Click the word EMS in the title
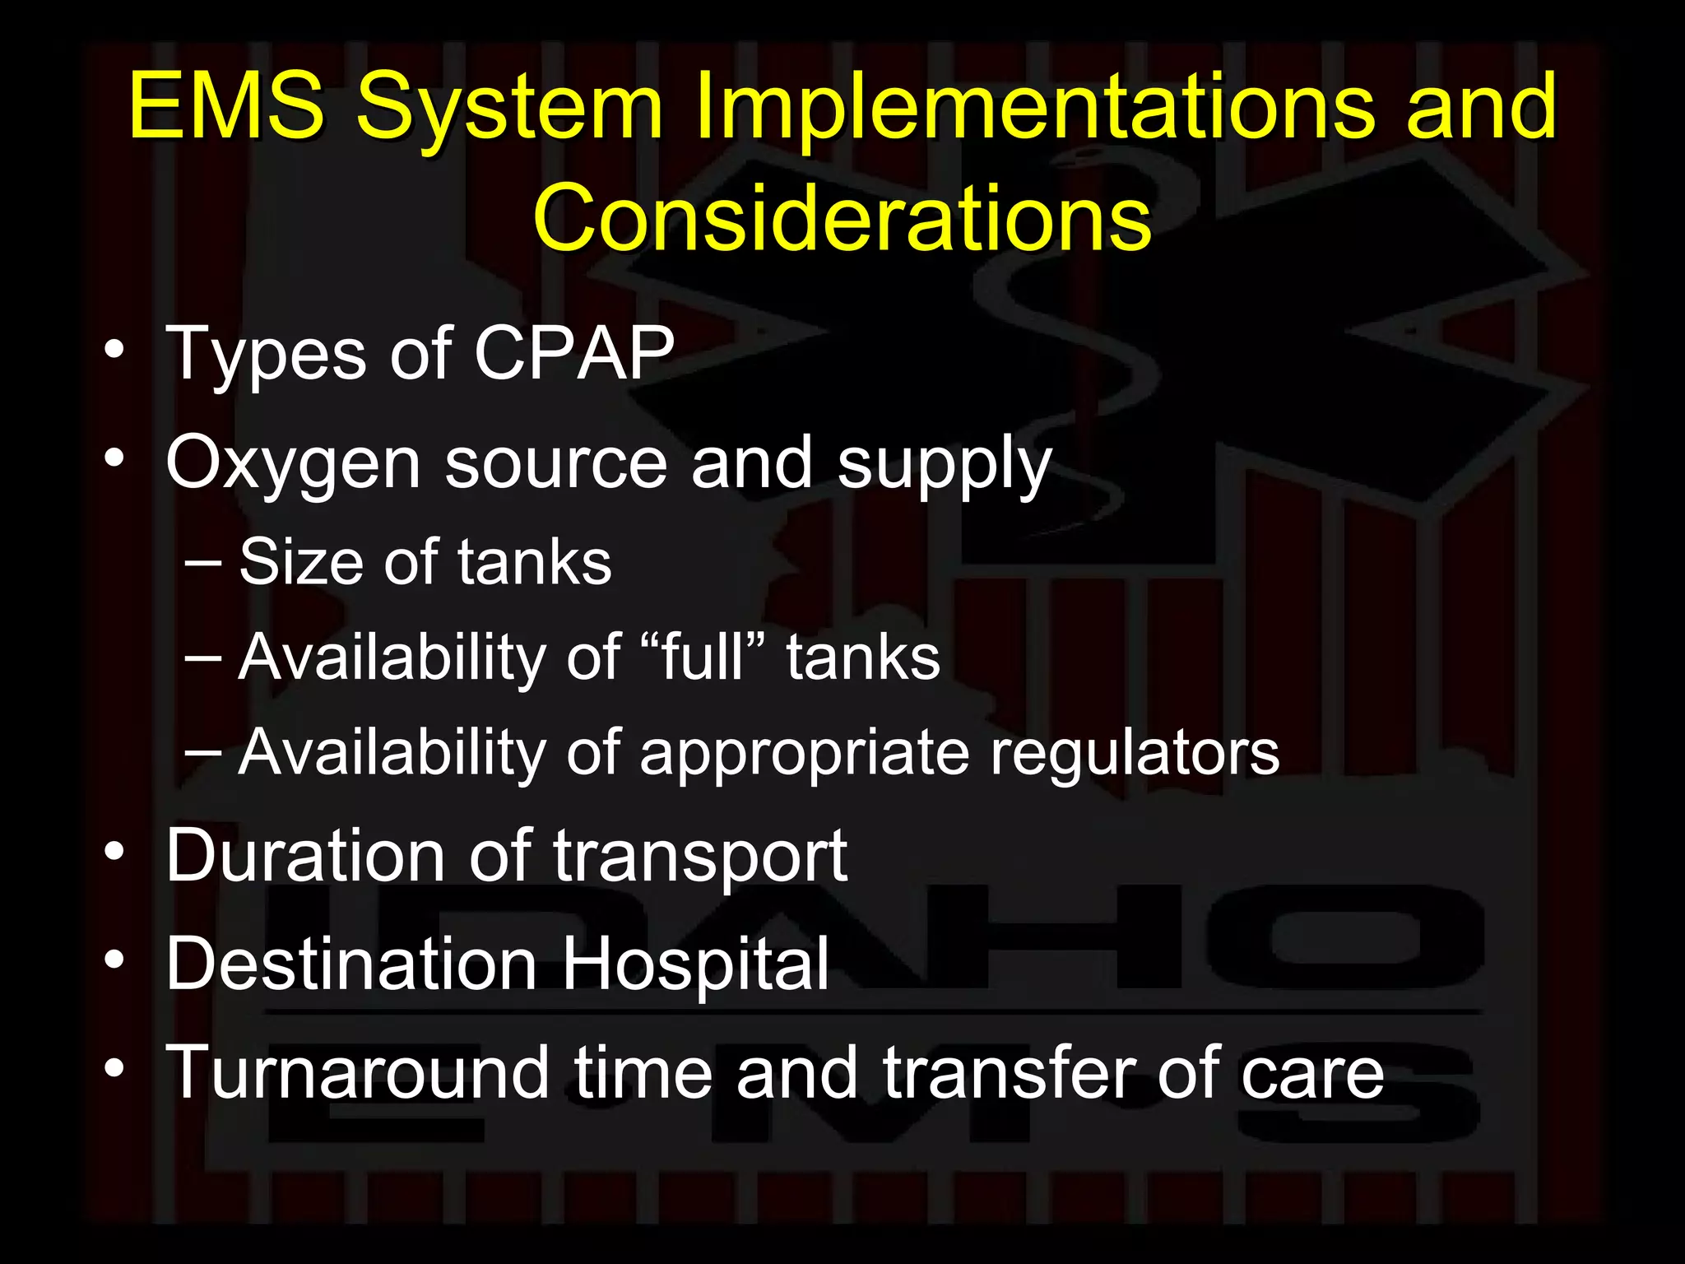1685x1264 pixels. [226, 107]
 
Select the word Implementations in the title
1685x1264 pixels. [1033, 107]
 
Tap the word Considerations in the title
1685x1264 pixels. [842, 218]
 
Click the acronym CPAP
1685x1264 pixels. [573, 353]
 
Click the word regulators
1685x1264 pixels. [1135, 753]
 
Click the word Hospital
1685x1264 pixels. [695, 964]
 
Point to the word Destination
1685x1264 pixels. [351, 964]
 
